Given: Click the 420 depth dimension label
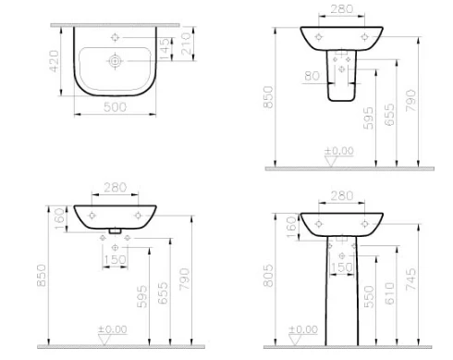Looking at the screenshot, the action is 54,61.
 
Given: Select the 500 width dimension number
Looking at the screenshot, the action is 115,107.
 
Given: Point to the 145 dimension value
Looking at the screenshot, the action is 165,48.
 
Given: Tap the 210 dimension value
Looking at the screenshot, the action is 186,44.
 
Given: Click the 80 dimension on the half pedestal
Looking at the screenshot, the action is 312,76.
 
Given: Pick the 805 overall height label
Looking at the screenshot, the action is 268,276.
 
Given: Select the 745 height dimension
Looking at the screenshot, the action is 410,279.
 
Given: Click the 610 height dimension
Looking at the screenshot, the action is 389,293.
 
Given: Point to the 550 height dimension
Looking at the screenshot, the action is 369,297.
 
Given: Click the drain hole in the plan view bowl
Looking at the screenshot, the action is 115,61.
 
